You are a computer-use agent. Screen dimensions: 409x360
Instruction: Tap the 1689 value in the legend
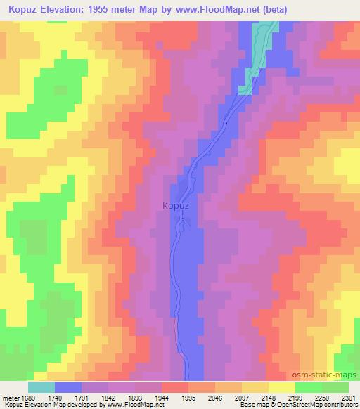click(x=28, y=397)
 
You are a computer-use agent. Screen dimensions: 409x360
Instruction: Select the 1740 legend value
click(x=56, y=397)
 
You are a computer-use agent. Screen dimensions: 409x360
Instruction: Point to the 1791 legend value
click(x=82, y=397)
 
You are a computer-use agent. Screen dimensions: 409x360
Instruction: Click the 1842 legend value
click(x=109, y=397)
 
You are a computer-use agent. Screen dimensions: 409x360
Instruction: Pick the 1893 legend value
click(x=136, y=397)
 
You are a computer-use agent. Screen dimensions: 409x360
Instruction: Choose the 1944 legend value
click(x=162, y=397)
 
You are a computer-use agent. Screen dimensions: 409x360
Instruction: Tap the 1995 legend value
click(x=189, y=397)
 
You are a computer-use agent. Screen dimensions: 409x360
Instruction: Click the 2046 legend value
click(x=216, y=397)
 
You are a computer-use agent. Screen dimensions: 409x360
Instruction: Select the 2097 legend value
click(x=243, y=397)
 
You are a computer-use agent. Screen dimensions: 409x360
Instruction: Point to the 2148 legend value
click(x=269, y=397)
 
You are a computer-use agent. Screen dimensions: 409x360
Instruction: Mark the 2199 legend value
click(x=296, y=397)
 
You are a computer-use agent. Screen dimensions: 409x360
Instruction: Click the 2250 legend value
click(x=323, y=397)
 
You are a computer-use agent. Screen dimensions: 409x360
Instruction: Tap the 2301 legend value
click(x=348, y=397)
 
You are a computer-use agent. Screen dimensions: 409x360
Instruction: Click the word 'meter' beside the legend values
click(x=11, y=397)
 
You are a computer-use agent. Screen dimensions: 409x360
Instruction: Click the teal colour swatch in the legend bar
click(x=41, y=387)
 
